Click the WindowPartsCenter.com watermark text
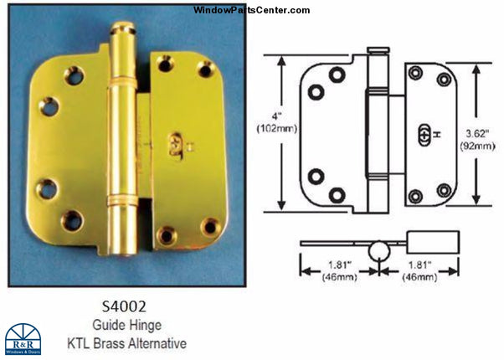[251, 10]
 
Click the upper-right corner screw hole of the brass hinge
[205, 69]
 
